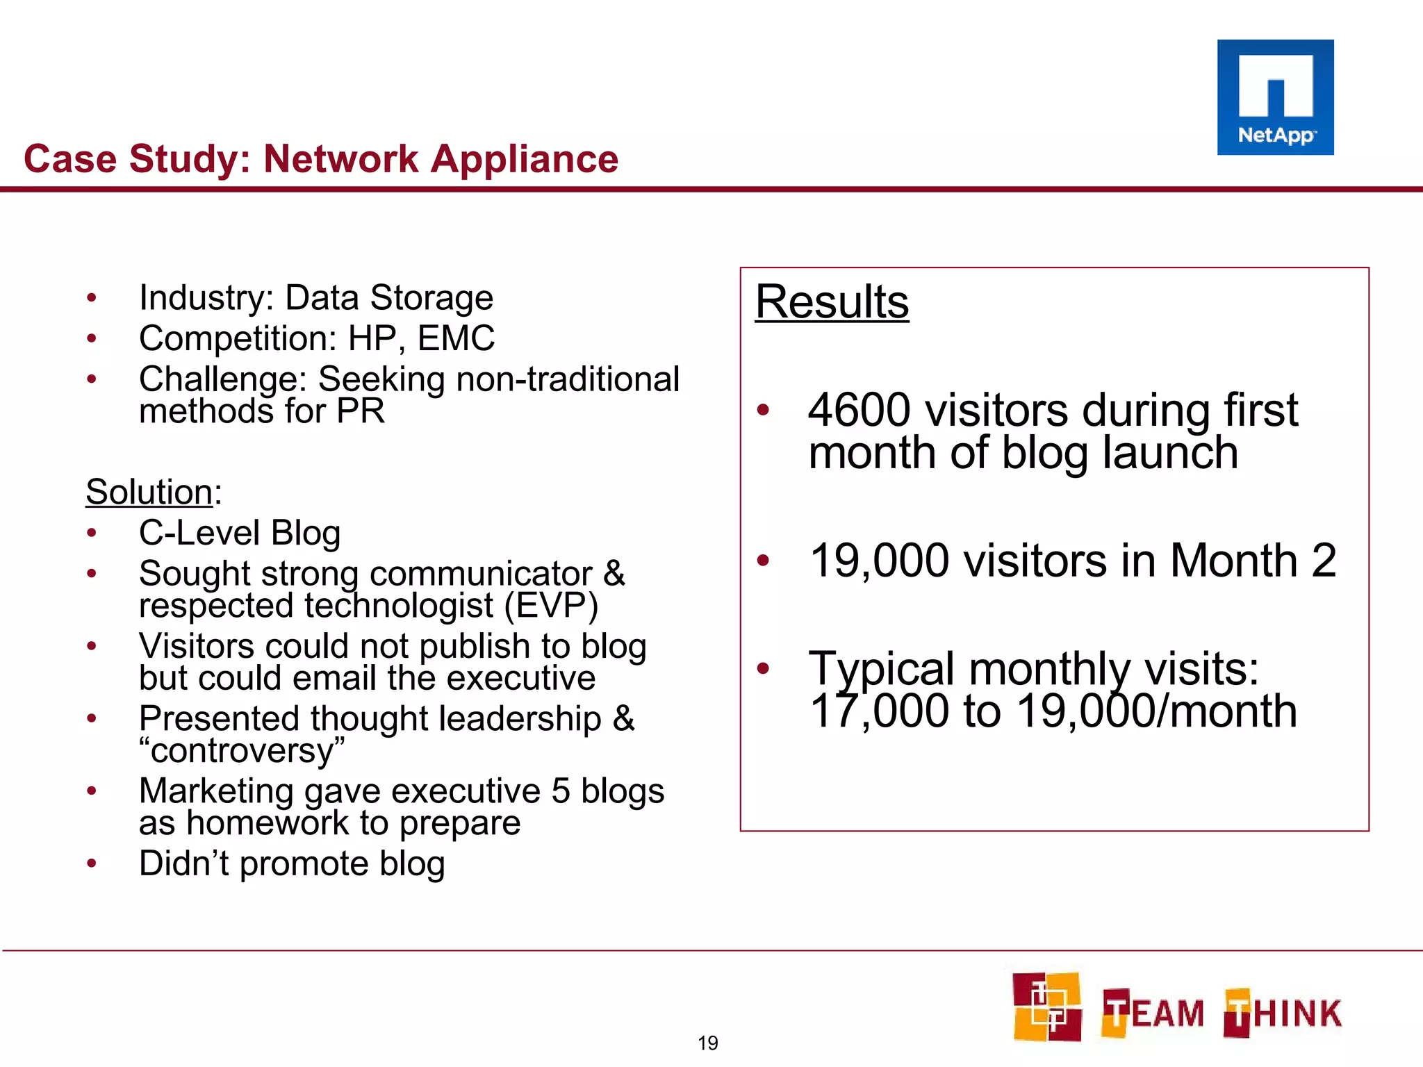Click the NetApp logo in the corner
click(1275, 97)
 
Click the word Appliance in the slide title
click(525, 159)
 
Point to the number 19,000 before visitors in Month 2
click(879, 561)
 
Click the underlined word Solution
click(149, 492)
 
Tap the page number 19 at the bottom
click(707, 1043)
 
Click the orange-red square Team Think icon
click(1046, 1007)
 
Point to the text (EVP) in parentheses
click(551, 606)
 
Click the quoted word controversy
click(242, 751)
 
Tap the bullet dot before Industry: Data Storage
click(91, 299)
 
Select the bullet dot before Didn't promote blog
click(91, 864)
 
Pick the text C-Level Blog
click(240, 533)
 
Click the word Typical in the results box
click(881, 668)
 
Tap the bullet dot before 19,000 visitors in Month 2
click(763, 560)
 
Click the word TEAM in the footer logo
click(1153, 1014)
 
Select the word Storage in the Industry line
click(431, 299)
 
